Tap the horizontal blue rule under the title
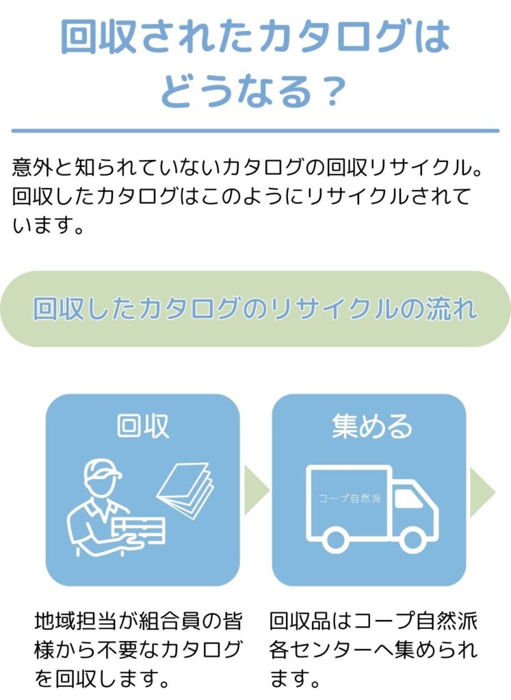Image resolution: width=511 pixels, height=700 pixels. click(255, 130)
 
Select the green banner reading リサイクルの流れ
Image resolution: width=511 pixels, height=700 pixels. click(255, 309)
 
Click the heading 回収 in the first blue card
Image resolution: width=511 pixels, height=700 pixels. click(143, 426)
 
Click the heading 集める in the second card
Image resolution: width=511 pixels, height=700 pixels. click(372, 426)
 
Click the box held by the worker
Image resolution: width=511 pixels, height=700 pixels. click(140, 530)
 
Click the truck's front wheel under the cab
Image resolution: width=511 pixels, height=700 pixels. click(412, 540)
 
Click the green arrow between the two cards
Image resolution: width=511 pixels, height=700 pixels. click(256, 490)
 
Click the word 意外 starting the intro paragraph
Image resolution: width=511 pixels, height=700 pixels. click(29, 166)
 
